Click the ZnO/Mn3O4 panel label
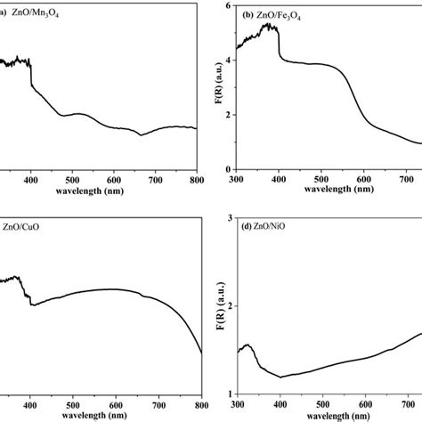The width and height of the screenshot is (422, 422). (x=45, y=12)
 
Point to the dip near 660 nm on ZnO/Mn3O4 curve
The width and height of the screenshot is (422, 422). (x=142, y=135)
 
